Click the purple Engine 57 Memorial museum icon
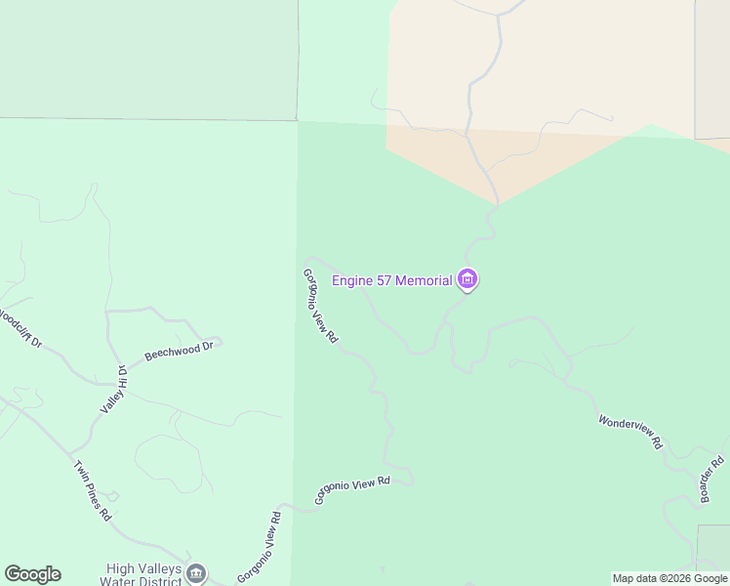[467, 280]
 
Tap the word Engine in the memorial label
[354, 281]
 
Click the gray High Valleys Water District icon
[196, 573]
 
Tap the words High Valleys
[143, 568]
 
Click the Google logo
[32, 574]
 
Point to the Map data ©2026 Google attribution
[669, 578]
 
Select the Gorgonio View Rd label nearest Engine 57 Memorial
[320, 306]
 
